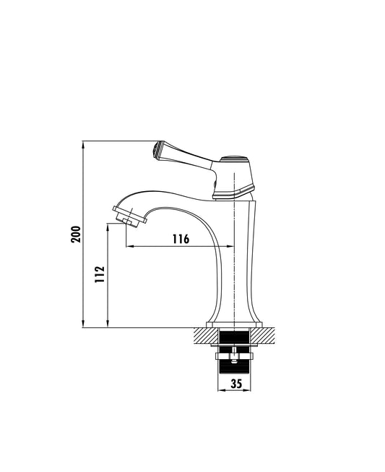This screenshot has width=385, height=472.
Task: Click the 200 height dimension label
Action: [x=76, y=234]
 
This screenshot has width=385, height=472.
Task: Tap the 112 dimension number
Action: [x=100, y=274]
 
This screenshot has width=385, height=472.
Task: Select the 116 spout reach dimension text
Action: [x=181, y=239]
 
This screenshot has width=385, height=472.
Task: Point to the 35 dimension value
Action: [x=236, y=384]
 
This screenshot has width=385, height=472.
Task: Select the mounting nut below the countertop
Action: [x=235, y=356]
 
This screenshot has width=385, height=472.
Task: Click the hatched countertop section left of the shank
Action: [x=207, y=335]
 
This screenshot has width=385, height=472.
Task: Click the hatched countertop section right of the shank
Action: [x=262, y=335]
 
